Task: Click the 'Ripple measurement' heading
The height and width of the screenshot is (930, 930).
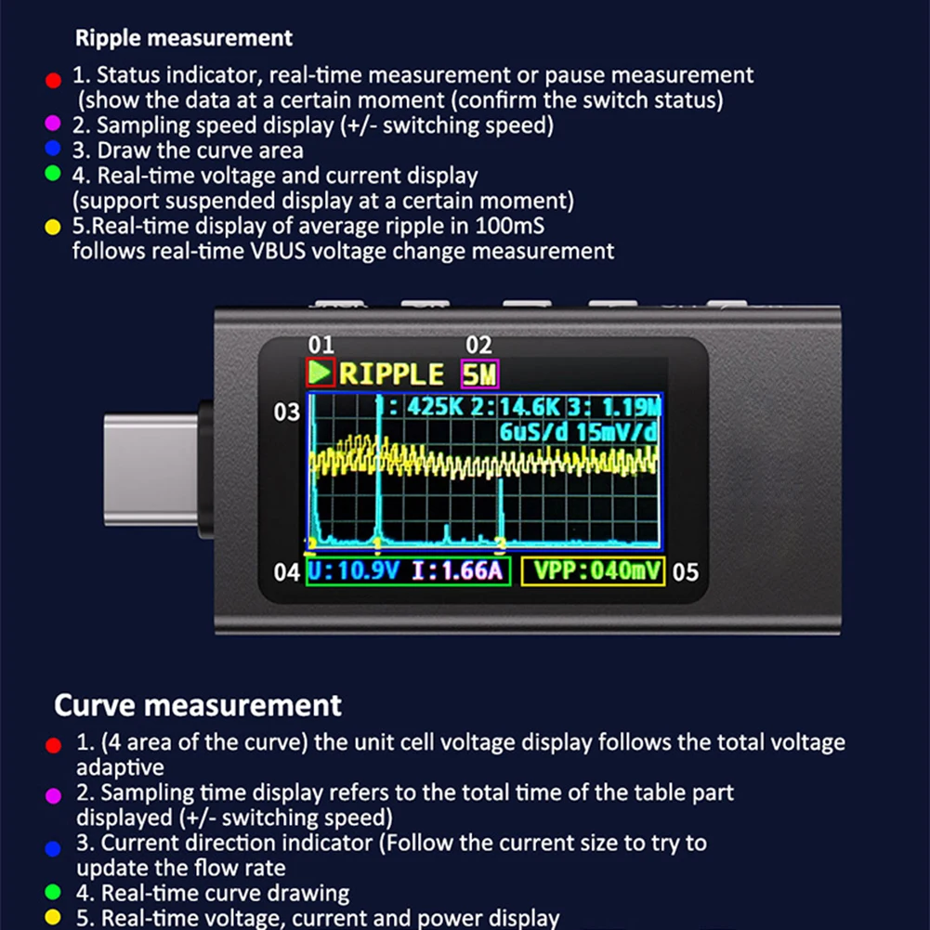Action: click(183, 38)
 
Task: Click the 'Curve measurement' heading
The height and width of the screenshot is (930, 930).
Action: click(197, 705)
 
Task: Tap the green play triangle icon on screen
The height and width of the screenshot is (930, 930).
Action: click(321, 373)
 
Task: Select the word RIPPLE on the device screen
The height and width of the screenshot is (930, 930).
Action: click(391, 374)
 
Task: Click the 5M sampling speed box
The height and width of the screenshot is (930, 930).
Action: click(479, 374)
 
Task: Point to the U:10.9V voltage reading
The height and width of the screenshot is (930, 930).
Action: click(354, 570)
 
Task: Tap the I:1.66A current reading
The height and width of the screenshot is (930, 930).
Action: click(457, 570)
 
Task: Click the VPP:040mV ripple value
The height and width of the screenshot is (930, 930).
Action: click(594, 570)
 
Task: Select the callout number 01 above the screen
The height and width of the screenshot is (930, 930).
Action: click(321, 346)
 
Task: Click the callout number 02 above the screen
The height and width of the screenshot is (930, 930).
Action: click(478, 346)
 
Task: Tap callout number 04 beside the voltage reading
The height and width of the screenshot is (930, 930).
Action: click(287, 572)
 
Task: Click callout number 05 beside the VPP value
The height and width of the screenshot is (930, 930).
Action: click(685, 572)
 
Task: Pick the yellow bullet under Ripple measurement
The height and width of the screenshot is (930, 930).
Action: click(53, 227)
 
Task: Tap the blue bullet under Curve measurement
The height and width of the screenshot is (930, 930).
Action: click(53, 847)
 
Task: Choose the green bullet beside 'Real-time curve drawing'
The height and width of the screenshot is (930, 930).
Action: click(53, 892)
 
